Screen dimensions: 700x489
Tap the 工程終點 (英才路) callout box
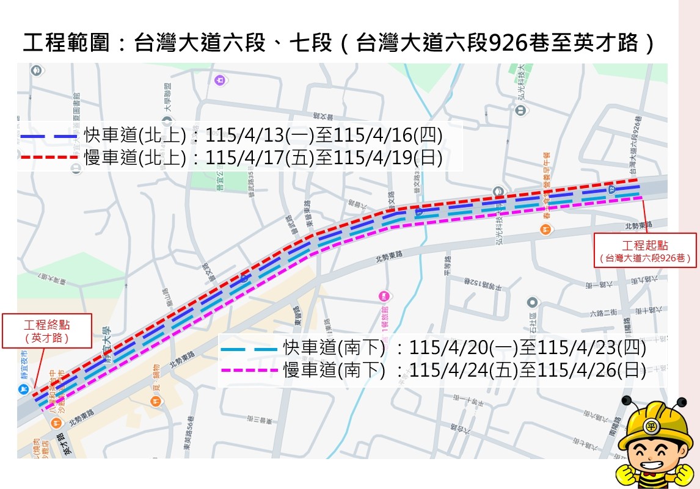pyautogui.click(x=46, y=330)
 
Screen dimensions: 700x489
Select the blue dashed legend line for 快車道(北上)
pyautogui.click(x=49, y=136)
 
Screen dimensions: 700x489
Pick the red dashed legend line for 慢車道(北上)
pyautogui.click(x=49, y=158)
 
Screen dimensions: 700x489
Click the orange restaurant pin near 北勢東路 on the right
pyautogui.click(x=546, y=230)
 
